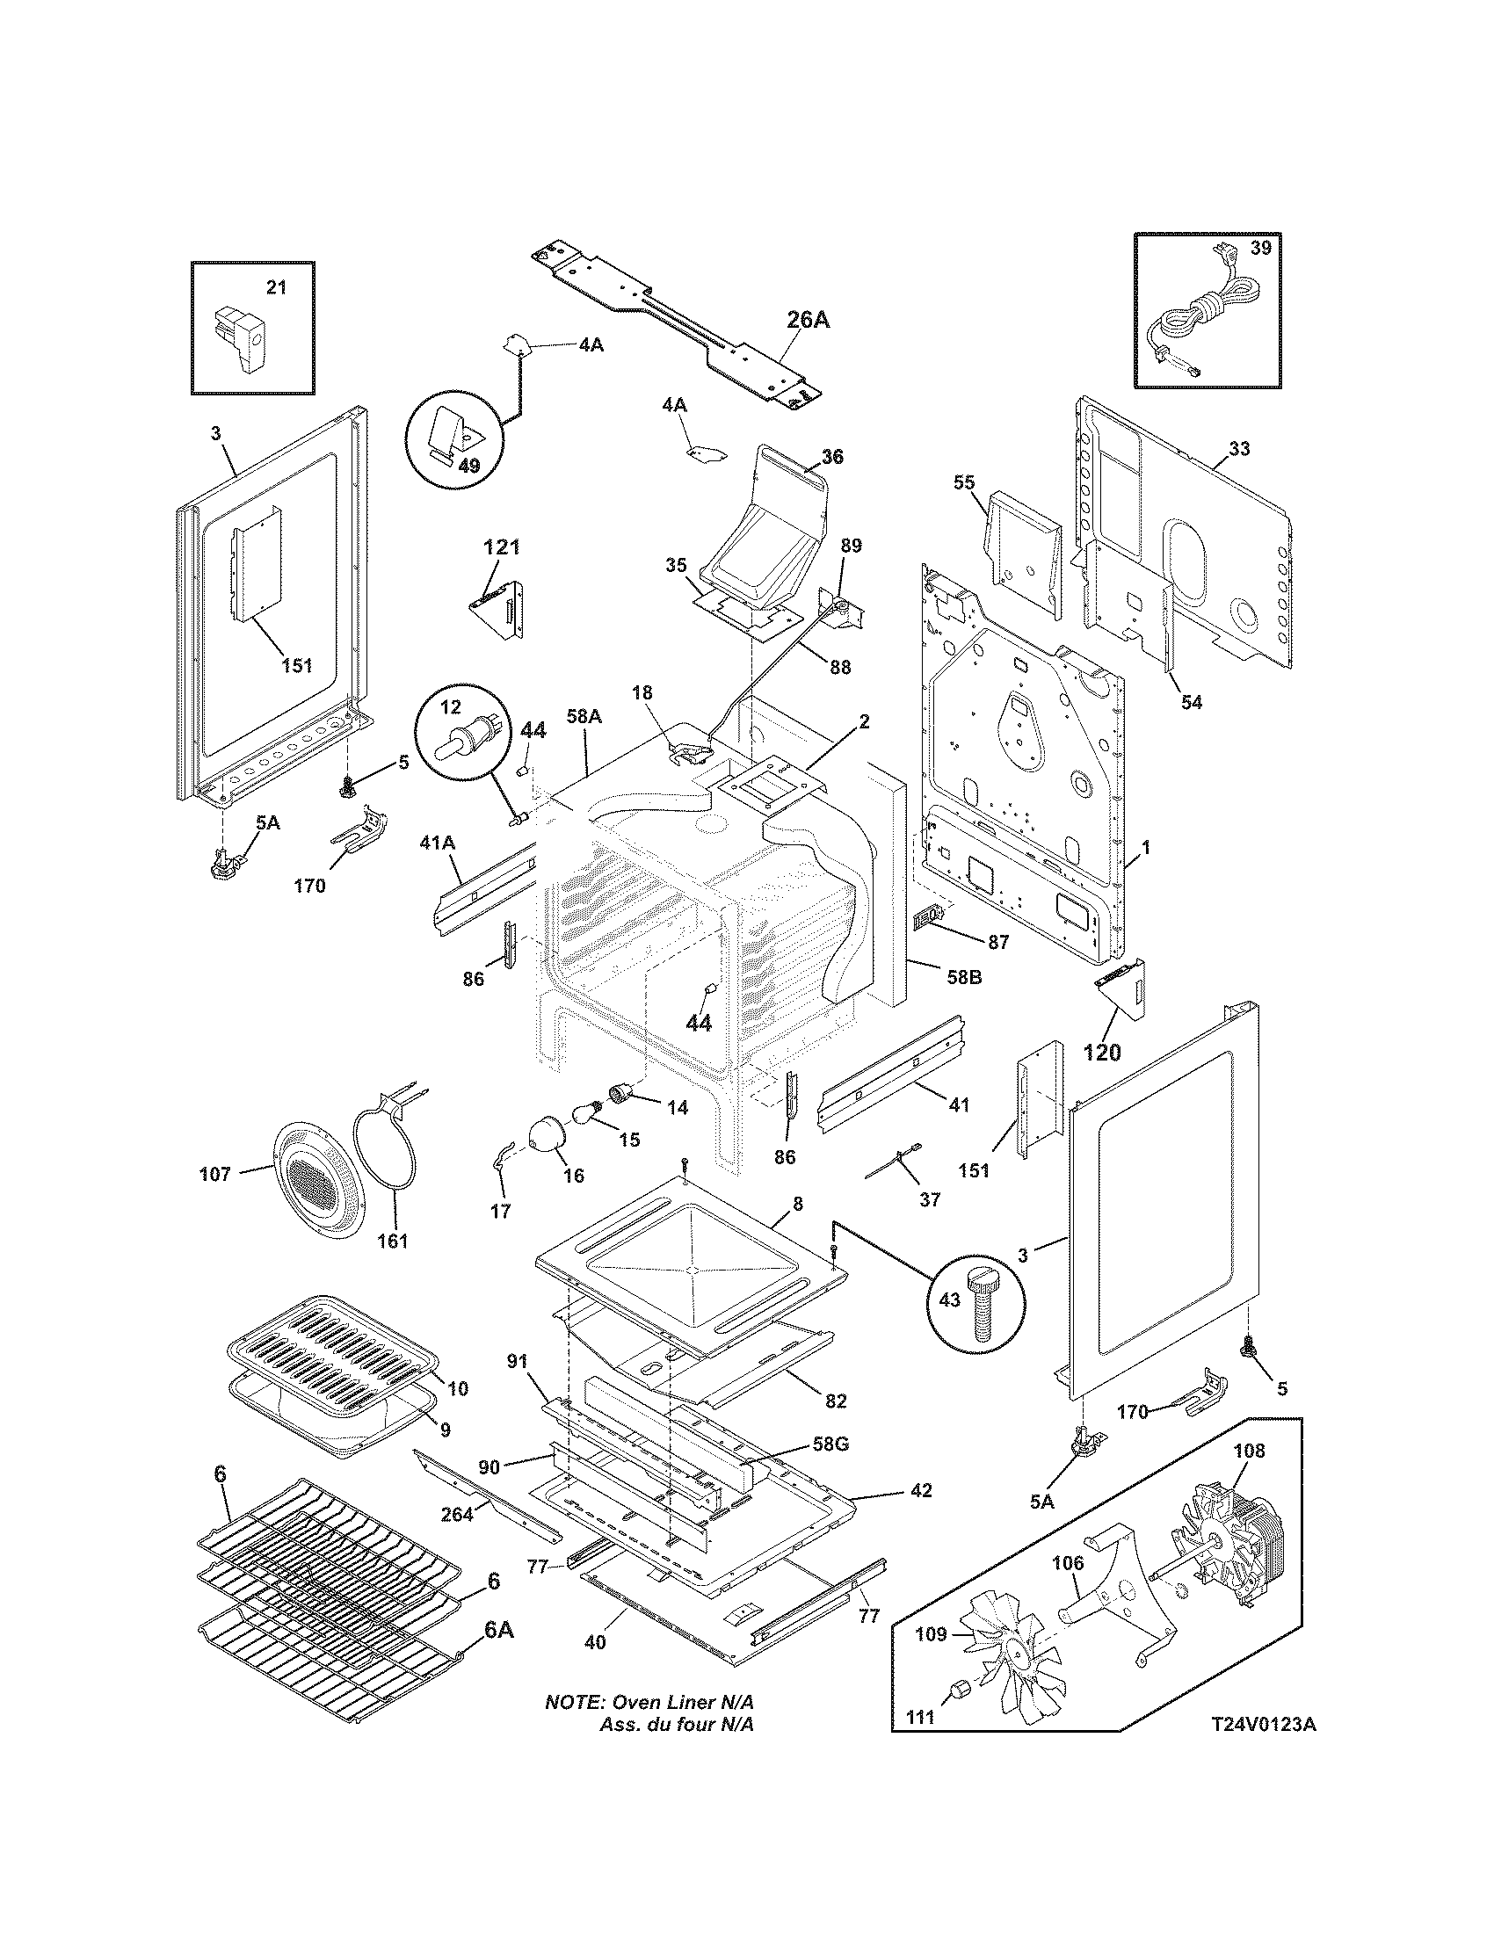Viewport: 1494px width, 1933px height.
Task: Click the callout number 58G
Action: coord(830,1444)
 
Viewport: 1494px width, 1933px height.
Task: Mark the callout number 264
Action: coord(458,1514)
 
